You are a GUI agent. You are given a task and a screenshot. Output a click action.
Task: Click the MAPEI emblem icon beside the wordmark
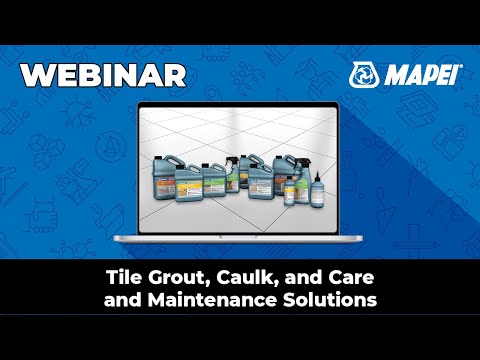[x=364, y=74]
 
